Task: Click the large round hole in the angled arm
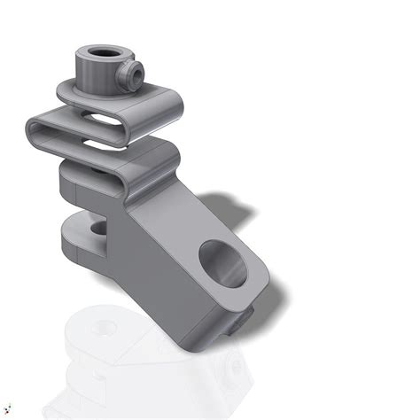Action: (221, 264)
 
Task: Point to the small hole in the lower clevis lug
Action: (95, 231)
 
